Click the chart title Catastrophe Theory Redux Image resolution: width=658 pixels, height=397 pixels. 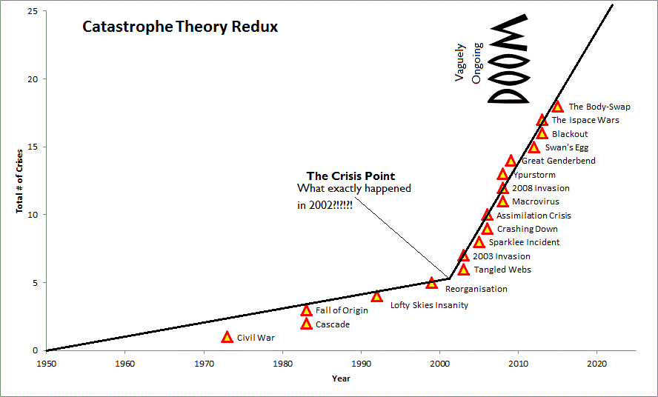[180, 27]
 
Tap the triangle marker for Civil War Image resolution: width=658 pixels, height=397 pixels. [227, 337]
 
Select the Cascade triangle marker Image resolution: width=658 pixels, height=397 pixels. [306, 324]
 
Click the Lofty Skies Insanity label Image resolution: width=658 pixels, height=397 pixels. [429, 305]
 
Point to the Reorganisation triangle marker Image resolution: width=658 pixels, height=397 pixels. [432, 283]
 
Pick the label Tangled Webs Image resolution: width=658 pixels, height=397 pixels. [502, 270]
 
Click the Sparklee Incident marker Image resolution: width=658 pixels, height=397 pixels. [479, 242]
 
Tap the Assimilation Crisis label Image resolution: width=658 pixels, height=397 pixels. [534, 216]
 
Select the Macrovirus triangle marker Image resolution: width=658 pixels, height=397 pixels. [503, 201]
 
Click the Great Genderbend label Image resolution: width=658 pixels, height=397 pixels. [558, 161]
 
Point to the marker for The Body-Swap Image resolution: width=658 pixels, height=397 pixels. [557, 107]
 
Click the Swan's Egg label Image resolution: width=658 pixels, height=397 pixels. [566, 147]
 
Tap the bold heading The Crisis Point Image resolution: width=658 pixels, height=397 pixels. [350, 176]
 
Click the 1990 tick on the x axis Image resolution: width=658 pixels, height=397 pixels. [361, 364]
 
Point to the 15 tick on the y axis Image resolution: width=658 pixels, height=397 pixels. [32, 147]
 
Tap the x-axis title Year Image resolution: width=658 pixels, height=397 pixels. [342, 378]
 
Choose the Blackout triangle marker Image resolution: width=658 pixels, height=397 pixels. [542, 133]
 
